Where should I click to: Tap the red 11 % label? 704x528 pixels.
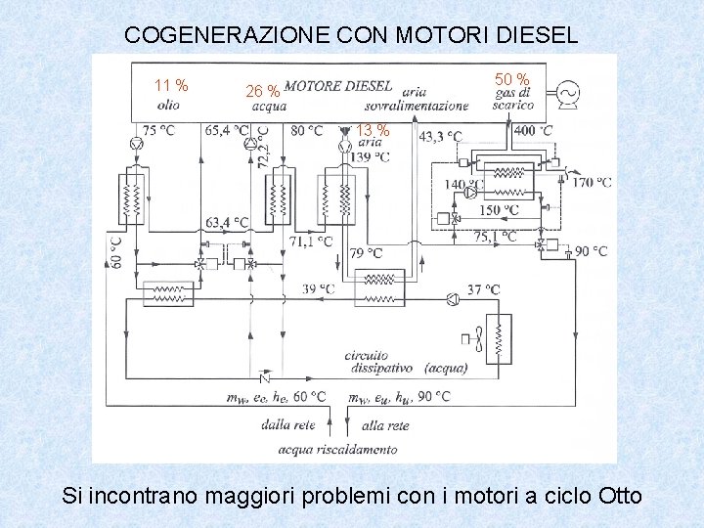[x=171, y=85]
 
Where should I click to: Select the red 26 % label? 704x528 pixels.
[x=262, y=91]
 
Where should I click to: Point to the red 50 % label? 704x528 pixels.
[x=512, y=79]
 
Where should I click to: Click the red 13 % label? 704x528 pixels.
[x=373, y=131]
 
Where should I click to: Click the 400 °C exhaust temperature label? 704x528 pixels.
[x=533, y=131]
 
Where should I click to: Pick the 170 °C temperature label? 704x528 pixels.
[x=592, y=182]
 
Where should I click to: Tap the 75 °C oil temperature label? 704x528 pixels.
[x=158, y=131]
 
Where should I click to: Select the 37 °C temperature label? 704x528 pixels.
[x=483, y=289]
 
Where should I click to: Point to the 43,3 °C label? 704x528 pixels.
[x=440, y=136]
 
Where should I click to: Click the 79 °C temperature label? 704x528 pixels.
[x=366, y=253]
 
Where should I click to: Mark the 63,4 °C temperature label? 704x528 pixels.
[x=227, y=222]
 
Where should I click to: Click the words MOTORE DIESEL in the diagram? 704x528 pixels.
[x=338, y=86]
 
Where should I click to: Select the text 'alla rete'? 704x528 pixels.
[x=385, y=425]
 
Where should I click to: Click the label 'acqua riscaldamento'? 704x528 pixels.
[x=337, y=449]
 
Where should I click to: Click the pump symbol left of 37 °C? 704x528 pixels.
[x=451, y=298]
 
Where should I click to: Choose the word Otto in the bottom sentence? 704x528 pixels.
[x=618, y=496]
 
